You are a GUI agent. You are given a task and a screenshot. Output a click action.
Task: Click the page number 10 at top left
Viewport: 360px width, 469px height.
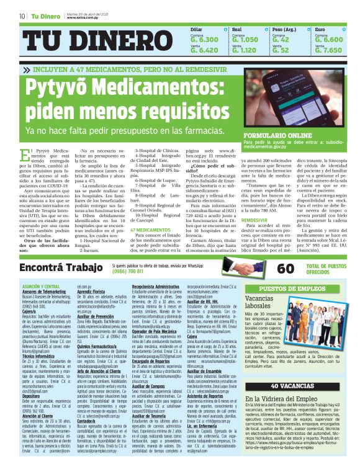[x=22, y=16]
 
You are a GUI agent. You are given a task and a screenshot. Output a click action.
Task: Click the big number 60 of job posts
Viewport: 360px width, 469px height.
[x=286, y=269]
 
